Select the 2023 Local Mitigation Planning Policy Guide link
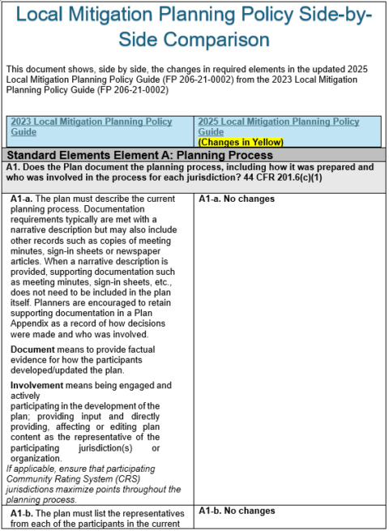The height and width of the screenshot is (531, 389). pos(91,126)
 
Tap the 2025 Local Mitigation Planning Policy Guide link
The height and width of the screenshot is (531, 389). pos(278,126)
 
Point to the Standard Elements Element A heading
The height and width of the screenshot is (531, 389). pos(139,155)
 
